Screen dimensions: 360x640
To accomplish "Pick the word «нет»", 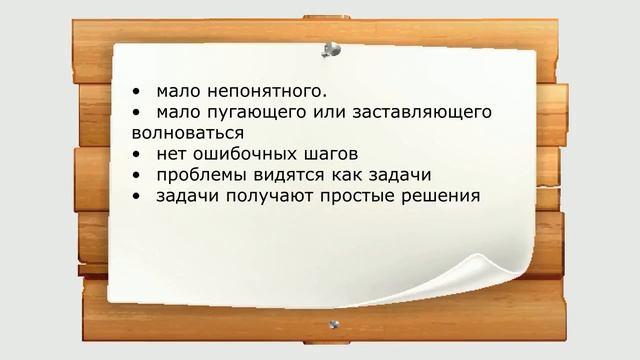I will (x=171, y=154).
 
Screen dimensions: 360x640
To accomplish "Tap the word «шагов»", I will (x=328, y=154).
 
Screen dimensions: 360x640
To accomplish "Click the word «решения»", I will (x=440, y=196).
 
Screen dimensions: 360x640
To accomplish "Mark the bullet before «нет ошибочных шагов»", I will (x=135, y=154).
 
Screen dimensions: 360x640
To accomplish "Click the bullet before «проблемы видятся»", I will (x=135, y=175).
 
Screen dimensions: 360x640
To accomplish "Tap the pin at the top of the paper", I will (x=329, y=48).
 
